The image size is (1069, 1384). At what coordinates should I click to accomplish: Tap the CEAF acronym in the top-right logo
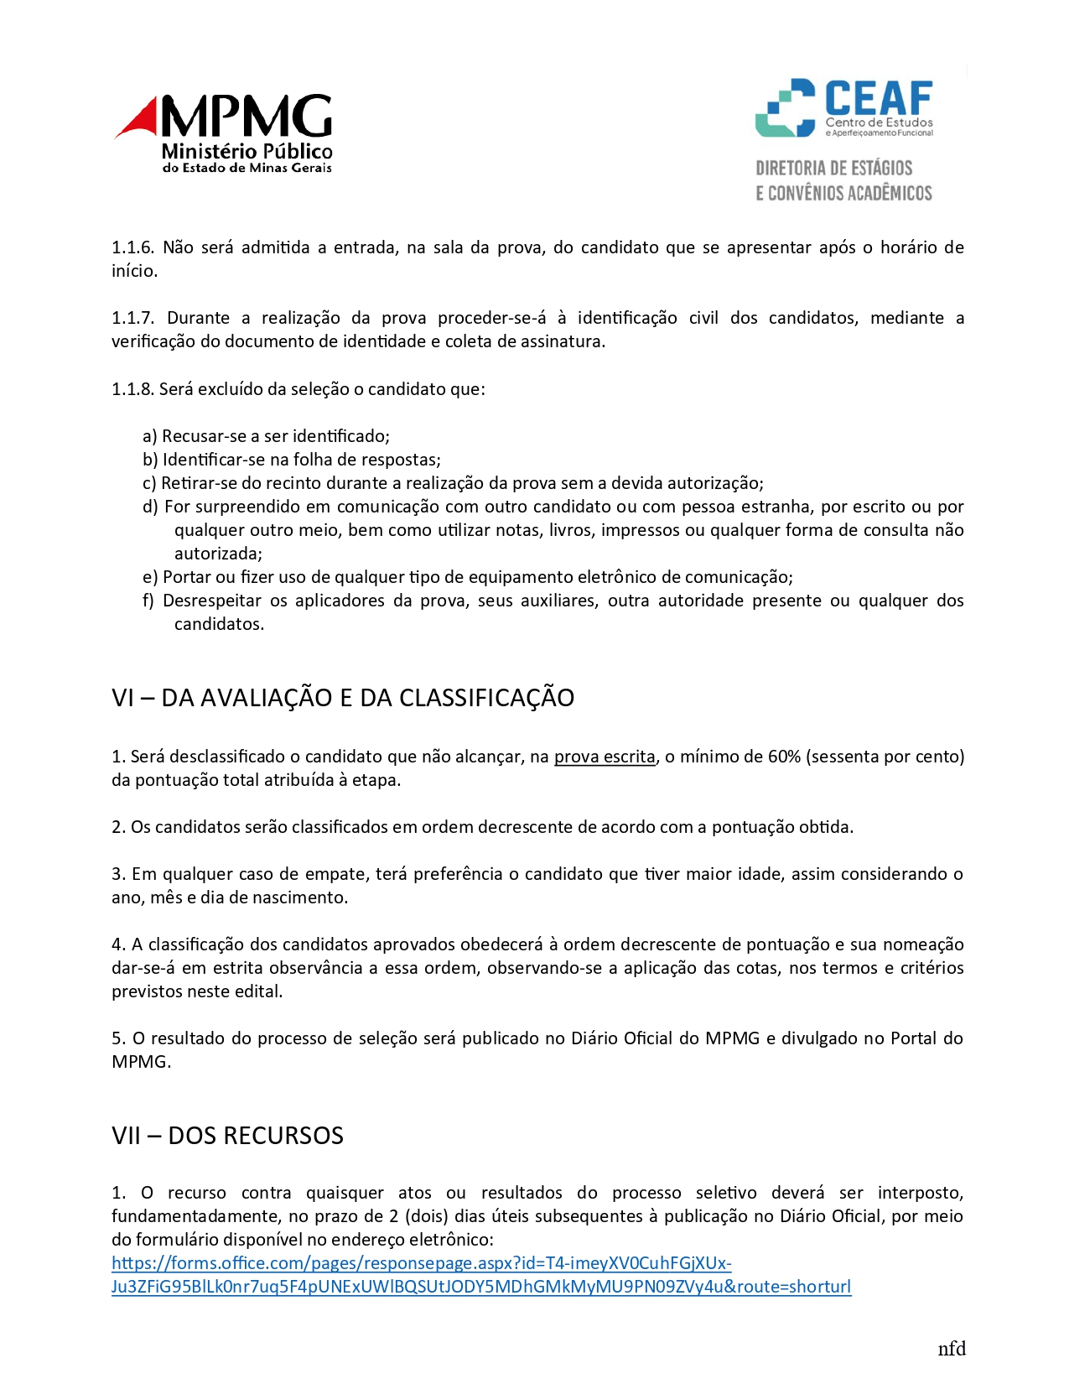click(878, 98)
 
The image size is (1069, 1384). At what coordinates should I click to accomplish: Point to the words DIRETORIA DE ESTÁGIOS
click(833, 168)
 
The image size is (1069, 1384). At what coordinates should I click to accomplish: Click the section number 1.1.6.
click(132, 247)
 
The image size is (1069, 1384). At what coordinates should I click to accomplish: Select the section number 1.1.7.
click(132, 318)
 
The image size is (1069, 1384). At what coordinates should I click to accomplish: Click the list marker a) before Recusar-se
click(150, 436)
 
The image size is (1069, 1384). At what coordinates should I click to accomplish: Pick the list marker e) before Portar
click(150, 577)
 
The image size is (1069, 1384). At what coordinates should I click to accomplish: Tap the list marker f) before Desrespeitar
click(149, 601)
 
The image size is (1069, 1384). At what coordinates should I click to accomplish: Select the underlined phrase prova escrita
click(605, 757)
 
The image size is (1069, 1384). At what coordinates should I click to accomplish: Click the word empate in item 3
click(339, 874)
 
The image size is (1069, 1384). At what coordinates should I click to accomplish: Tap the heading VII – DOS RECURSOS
click(228, 1136)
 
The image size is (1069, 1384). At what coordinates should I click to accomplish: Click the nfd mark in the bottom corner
click(952, 1349)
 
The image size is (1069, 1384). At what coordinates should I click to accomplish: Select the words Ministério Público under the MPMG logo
click(246, 152)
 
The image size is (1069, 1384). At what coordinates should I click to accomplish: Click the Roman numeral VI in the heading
click(123, 698)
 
